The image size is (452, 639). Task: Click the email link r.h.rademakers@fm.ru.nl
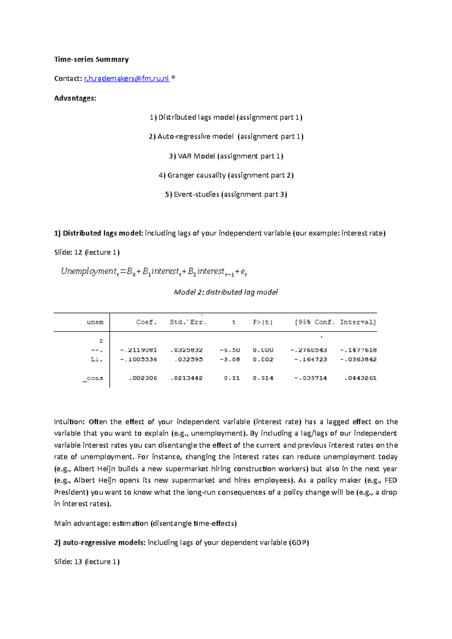tap(127, 78)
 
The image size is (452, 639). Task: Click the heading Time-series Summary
tap(92, 59)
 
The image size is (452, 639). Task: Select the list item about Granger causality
tap(226, 175)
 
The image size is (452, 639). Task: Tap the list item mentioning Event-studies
tap(226, 194)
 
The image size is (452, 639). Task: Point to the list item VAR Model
tap(226, 156)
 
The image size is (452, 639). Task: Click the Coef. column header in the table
tap(146, 322)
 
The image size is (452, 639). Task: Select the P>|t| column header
tap(263, 322)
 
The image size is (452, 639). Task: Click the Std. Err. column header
tap(188, 322)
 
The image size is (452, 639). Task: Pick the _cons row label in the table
tap(93, 378)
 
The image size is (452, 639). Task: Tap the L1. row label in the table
tap(97, 359)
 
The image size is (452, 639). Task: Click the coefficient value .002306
tap(143, 378)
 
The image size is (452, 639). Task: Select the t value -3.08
tap(230, 359)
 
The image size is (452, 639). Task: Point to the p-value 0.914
tap(263, 378)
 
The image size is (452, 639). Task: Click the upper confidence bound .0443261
tap(360, 378)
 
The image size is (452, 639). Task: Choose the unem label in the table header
tap(95, 322)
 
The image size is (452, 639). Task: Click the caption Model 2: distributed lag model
tap(226, 292)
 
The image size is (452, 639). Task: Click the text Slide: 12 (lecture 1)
tap(87, 252)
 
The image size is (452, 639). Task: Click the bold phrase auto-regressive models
tap(104, 542)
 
